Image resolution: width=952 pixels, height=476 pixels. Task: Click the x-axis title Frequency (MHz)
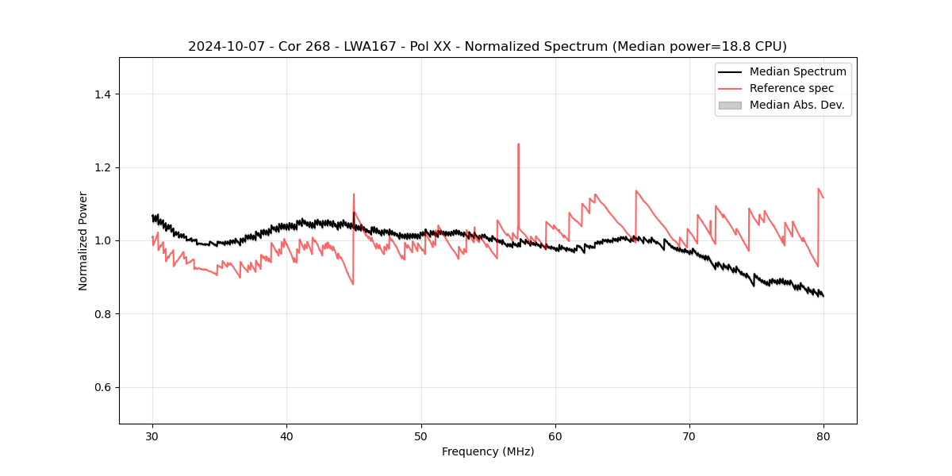click(488, 451)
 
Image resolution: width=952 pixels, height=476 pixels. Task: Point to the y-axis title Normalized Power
click(83, 240)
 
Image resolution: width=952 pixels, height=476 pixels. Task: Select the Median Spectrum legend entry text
click(797, 71)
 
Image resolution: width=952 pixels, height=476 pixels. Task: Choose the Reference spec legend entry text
click(792, 88)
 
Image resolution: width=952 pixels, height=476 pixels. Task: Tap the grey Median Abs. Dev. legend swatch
click(730, 105)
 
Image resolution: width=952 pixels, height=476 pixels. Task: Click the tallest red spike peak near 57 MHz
click(518, 144)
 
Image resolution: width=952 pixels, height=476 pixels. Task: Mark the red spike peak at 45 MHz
click(354, 194)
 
